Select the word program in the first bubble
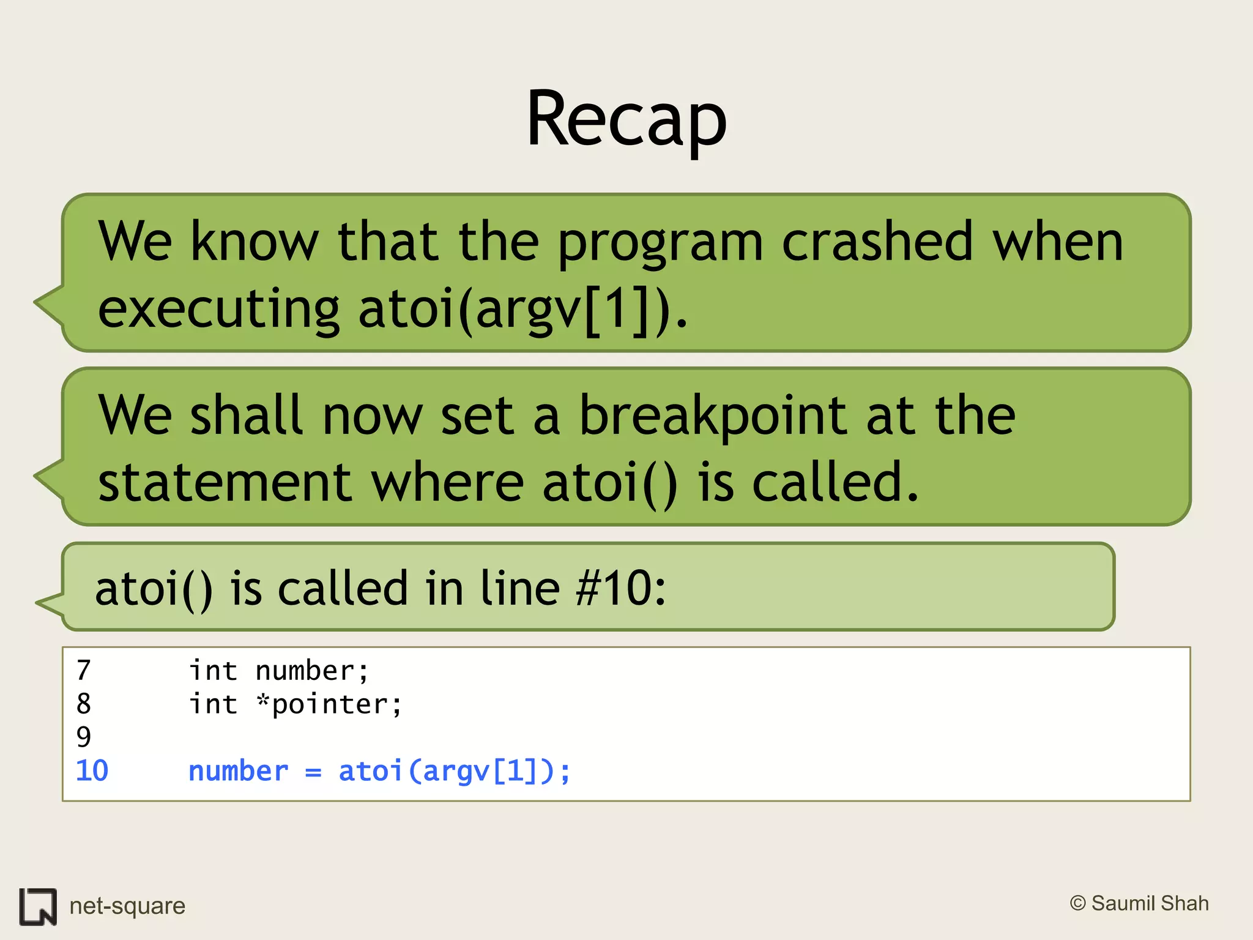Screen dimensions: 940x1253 tap(660, 244)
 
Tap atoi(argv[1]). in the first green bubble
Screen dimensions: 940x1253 tap(523, 309)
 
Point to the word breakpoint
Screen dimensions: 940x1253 tap(713, 416)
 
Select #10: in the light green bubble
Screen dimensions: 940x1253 tap(620, 588)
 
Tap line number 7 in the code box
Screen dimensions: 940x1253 tap(84, 671)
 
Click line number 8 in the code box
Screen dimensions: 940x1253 tap(84, 704)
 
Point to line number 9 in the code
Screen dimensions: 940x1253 tap(84, 737)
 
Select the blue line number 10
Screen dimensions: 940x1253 tap(92, 770)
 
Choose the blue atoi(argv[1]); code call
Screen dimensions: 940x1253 tap(455, 771)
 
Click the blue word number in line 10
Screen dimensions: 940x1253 tap(238, 771)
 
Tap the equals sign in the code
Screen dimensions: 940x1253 tap(313, 772)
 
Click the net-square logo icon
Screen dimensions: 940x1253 tap(38, 906)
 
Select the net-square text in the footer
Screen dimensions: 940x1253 tap(127, 906)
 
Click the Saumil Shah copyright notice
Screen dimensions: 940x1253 tap(1139, 903)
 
